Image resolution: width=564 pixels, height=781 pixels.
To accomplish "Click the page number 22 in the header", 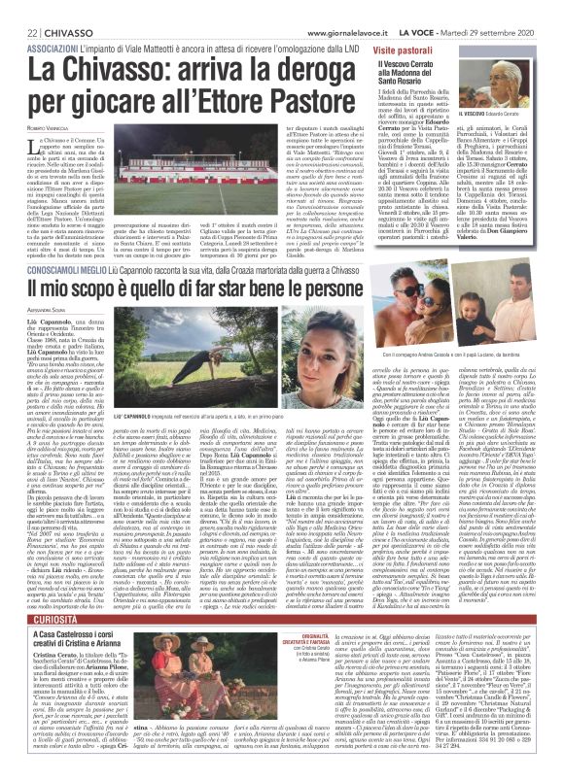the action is point(17,11).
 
